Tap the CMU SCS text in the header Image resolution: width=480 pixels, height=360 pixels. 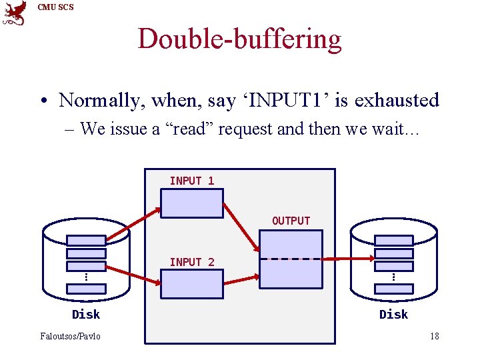coord(56,7)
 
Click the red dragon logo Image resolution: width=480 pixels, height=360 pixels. coord(15,13)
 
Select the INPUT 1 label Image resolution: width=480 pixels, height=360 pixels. coord(192,181)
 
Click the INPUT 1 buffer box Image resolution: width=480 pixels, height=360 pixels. coord(192,203)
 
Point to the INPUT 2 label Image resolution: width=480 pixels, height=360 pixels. coord(192,262)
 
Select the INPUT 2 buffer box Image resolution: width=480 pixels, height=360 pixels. coord(192,284)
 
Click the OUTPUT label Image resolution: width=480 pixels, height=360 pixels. coord(291,221)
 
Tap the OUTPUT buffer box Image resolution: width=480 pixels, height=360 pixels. coord(291,259)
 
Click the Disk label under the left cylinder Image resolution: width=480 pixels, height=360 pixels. coord(86,314)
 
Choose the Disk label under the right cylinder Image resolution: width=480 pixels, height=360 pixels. coord(393,314)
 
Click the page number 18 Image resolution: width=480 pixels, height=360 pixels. coord(434,336)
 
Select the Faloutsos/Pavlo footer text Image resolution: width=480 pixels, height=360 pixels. coord(70,336)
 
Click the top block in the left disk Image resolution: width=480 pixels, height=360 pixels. coord(86,240)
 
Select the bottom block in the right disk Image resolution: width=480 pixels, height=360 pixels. coord(393,289)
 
